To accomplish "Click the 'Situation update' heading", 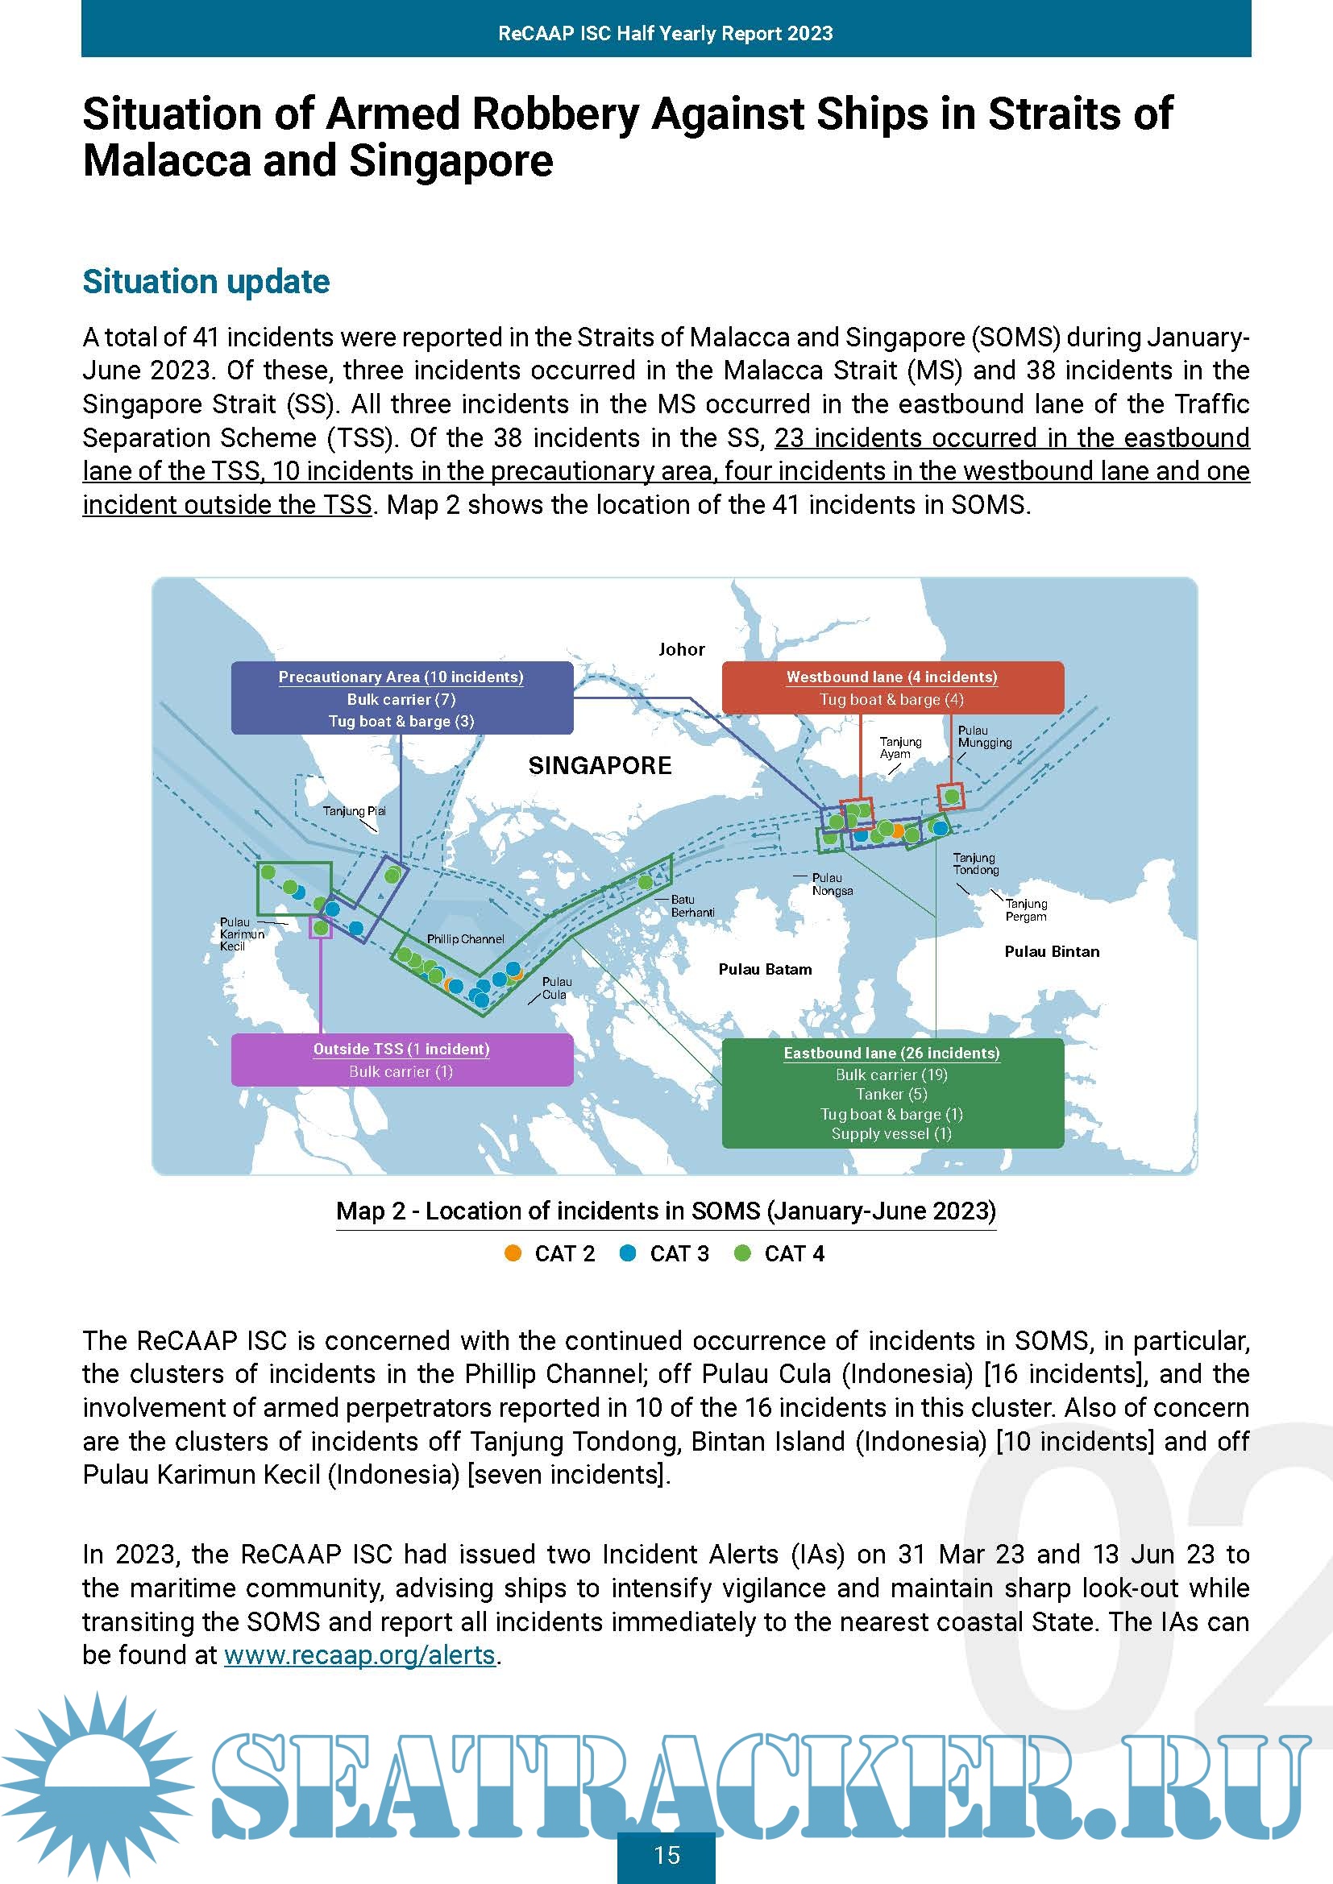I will [206, 281].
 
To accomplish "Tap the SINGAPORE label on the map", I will [600, 765].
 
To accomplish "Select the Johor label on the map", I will [681, 649].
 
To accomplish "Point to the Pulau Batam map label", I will [765, 969].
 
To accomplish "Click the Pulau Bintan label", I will [1052, 951].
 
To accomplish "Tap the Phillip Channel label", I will [465, 938].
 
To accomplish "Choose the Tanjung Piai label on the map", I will [354, 811].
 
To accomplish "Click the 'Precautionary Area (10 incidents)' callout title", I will [401, 677].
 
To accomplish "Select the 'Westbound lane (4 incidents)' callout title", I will [891, 677].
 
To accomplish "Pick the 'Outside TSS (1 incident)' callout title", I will [401, 1049].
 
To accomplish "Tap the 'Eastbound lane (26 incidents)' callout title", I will [891, 1053].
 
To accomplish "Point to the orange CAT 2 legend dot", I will [513, 1253].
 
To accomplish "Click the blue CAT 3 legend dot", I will [628, 1253].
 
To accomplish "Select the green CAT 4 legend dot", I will [742, 1253].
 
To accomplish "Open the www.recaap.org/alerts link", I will [359, 1655].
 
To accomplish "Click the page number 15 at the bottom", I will [666, 1854].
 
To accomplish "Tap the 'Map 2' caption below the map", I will [666, 1211].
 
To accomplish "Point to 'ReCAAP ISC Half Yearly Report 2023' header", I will [666, 34].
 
